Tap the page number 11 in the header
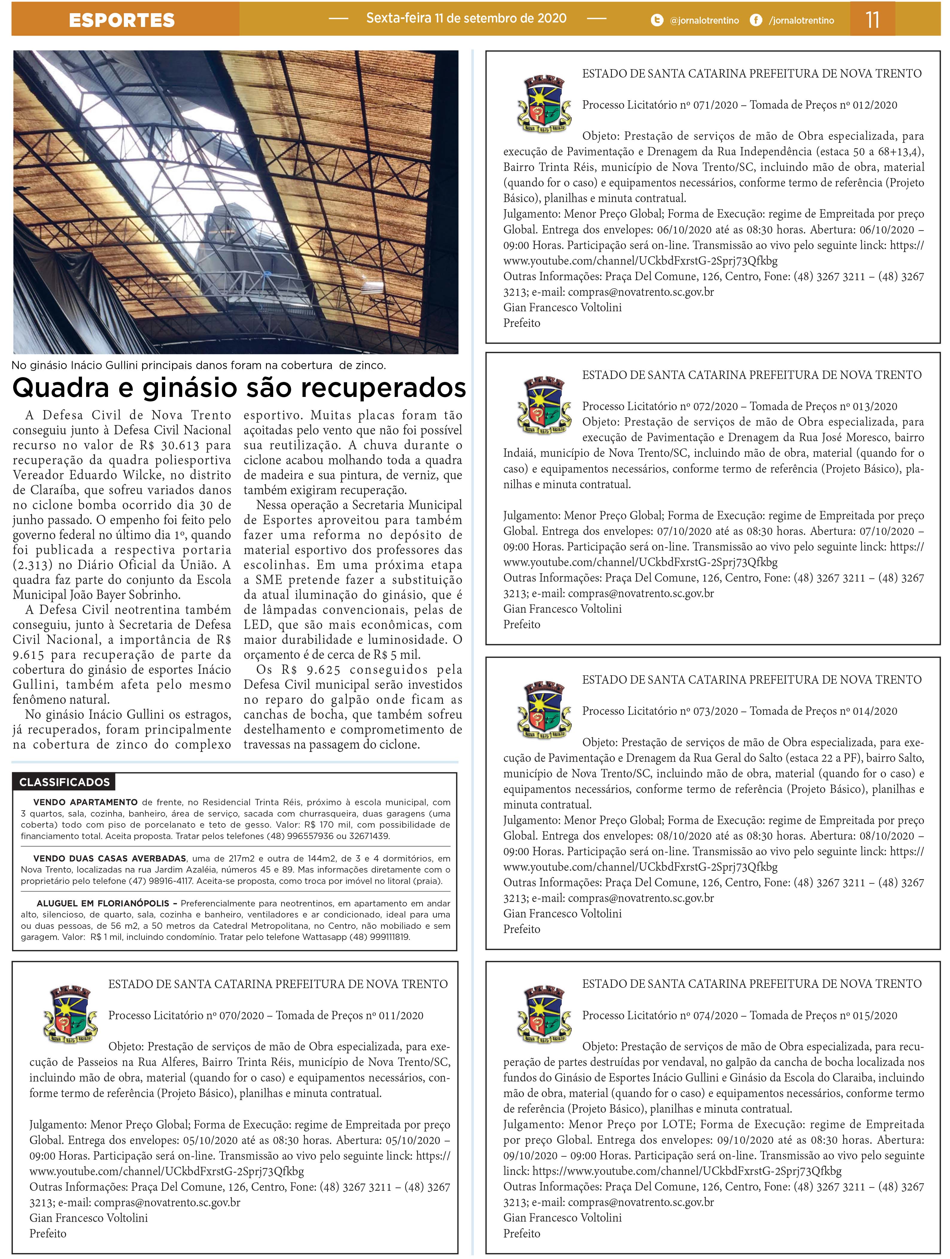point(872,20)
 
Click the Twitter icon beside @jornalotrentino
point(657,20)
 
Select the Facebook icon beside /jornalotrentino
point(756,20)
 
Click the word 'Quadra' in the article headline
point(61,388)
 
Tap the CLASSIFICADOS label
point(64,782)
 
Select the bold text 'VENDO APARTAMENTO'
point(85,802)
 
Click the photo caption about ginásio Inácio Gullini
point(199,365)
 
